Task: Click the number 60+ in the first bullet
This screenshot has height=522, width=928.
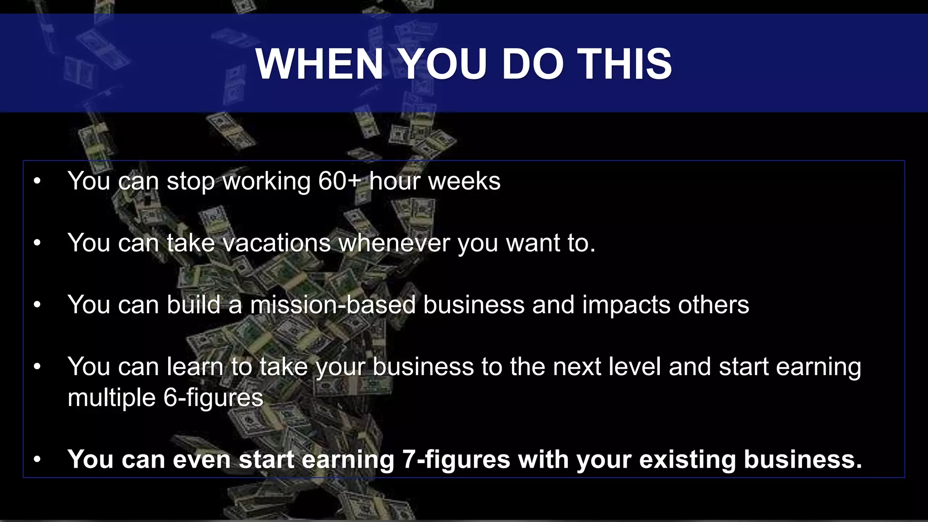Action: pyautogui.click(x=339, y=181)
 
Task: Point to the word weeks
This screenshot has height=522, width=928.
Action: pyautogui.click(x=464, y=181)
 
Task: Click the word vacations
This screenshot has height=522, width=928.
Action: pyautogui.click(x=277, y=243)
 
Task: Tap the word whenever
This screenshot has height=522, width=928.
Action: pyautogui.click(x=394, y=243)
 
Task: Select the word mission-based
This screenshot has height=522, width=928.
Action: pyautogui.click(x=333, y=304)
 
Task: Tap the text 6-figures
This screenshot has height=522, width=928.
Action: pyautogui.click(x=213, y=398)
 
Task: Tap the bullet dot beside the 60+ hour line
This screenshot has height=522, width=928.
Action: pyautogui.click(x=37, y=181)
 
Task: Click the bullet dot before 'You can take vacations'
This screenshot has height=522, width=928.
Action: pyautogui.click(x=37, y=243)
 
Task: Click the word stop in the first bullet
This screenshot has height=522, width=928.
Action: pyautogui.click(x=191, y=181)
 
